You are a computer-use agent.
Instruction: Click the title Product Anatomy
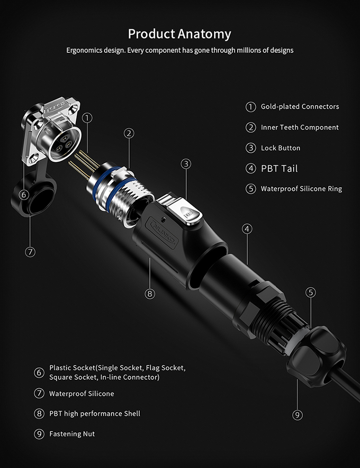click(180, 34)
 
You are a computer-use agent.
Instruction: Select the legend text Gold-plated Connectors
click(300, 107)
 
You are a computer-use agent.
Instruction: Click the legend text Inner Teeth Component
click(300, 127)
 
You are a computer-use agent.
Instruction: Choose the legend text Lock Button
click(281, 148)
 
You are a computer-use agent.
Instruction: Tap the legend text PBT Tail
click(279, 169)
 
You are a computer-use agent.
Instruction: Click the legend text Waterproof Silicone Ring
click(301, 189)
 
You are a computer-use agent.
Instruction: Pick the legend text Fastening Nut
click(72, 434)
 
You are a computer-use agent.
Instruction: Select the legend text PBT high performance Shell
click(95, 414)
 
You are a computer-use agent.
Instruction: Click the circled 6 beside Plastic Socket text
click(39, 372)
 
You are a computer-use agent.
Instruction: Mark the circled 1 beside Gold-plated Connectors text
click(251, 107)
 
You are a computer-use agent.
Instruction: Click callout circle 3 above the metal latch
click(186, 164)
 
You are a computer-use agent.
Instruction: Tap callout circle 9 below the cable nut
click(298, 415)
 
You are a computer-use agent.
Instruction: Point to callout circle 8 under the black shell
click(150, 294)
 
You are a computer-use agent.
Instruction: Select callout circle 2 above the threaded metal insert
click(129, 134)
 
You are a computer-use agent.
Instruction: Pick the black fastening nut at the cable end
click(316, 357)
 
